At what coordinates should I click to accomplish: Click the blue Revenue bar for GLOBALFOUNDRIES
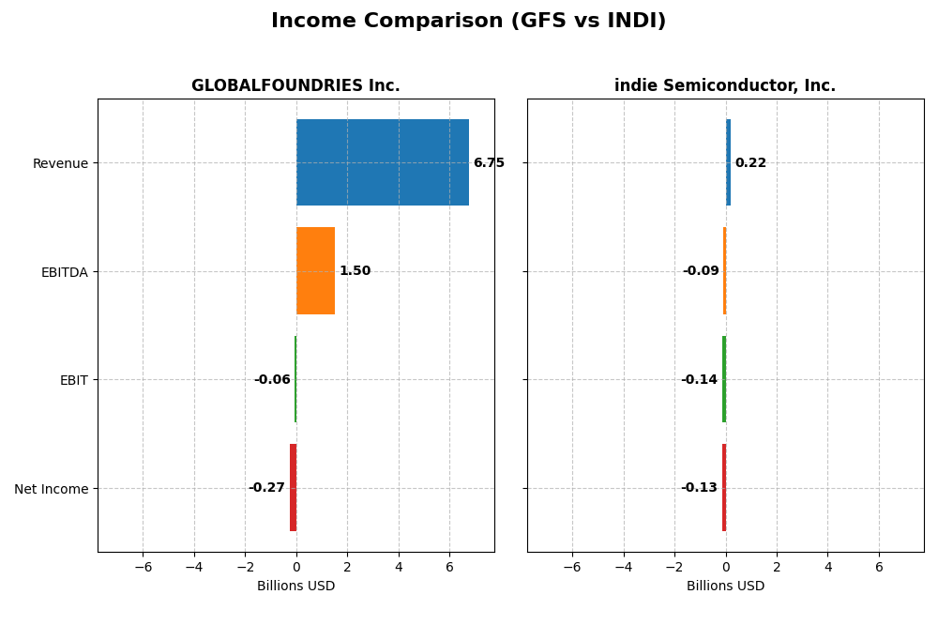click(x=382, y=162)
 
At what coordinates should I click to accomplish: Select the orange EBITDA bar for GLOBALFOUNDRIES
click(x=315, y=270)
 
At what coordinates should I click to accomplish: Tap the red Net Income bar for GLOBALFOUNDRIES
click(x=293, y=487)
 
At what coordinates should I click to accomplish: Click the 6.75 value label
click(x=489, y=163)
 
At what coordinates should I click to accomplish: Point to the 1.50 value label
click(x=355, y=271)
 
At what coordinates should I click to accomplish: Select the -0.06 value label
click(x=272, y=380)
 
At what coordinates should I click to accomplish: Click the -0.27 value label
click(x=266, y=488)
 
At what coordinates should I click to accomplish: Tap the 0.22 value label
click(x=750, y=163)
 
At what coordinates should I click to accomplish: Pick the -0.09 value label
click(x=701, y=271)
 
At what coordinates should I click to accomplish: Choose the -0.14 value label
click(x=699, y=380)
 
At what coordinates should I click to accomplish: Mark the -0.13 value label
click(x=699, y=488)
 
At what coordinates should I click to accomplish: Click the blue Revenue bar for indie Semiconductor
click(x=728, y=162)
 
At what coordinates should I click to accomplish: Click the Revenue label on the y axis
click(x=60, y=163)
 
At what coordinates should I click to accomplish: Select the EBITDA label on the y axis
click(x=64, y=272)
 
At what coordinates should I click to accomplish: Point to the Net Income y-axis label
click(x=51, y=489)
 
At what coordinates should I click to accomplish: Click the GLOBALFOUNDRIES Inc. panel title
click(x=295, y=86)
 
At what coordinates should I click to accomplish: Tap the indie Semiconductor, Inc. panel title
click(x=725, y=86)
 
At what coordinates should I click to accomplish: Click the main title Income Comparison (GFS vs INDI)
click(x=468, y=22)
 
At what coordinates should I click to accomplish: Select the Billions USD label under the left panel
click(x=295, y=587)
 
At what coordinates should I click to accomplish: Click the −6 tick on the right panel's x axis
click(x=571, y=568)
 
